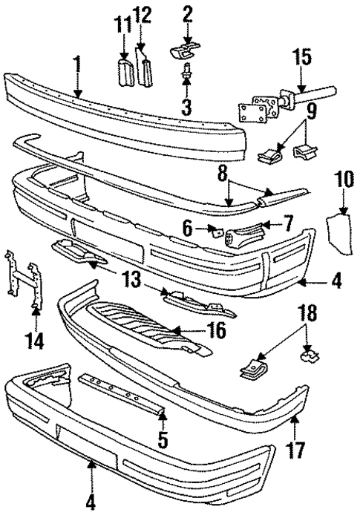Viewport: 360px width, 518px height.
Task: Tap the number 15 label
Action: click(301, 56)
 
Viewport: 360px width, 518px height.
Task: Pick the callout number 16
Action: click(216, 330)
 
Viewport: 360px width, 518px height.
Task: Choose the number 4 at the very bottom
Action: click(91, 502)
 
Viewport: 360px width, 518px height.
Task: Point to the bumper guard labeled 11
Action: click(124, 73)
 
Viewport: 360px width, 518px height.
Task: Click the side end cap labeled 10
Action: click(338, 237)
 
